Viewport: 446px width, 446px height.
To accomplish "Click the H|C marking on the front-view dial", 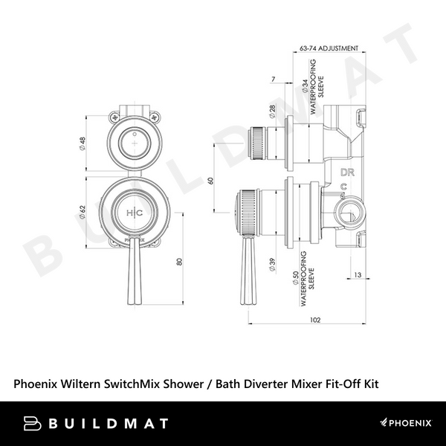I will [x=135, y=213].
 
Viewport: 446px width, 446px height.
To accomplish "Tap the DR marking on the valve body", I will [x=347, y=172].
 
